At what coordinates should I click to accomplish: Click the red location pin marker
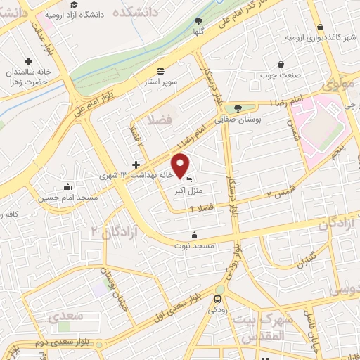point(181,165)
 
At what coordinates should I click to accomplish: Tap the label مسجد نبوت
point(195,245)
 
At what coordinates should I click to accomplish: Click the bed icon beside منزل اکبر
point(188,179)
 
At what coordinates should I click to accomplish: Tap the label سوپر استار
point(161,81)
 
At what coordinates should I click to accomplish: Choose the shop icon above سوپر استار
point(161,70)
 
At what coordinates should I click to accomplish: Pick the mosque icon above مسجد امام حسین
point(67,186)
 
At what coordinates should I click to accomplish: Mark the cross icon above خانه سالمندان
point(28,61)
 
